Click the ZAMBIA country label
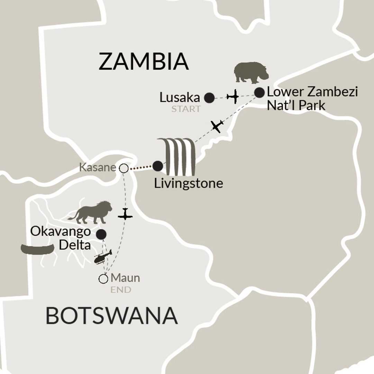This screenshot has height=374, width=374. [x=144, y=62]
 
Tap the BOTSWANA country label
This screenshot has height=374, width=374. [x=112, y=316]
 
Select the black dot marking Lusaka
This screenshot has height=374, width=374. [x=209, y=98]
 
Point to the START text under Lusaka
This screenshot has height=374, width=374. [x=186, y=109]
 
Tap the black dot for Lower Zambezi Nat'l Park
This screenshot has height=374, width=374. [x=259, y=92]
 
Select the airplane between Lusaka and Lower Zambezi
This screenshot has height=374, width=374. [x=233, y=97]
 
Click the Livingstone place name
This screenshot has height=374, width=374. [x=189, y=183]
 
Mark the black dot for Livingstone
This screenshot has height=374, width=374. [x=158, y=166]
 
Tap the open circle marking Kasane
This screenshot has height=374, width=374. [x=124, y=168]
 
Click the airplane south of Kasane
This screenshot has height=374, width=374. [x=125, y=214]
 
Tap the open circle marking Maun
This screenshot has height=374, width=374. [x=103, y=279]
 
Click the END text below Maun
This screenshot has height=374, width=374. [x=121, y=290]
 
